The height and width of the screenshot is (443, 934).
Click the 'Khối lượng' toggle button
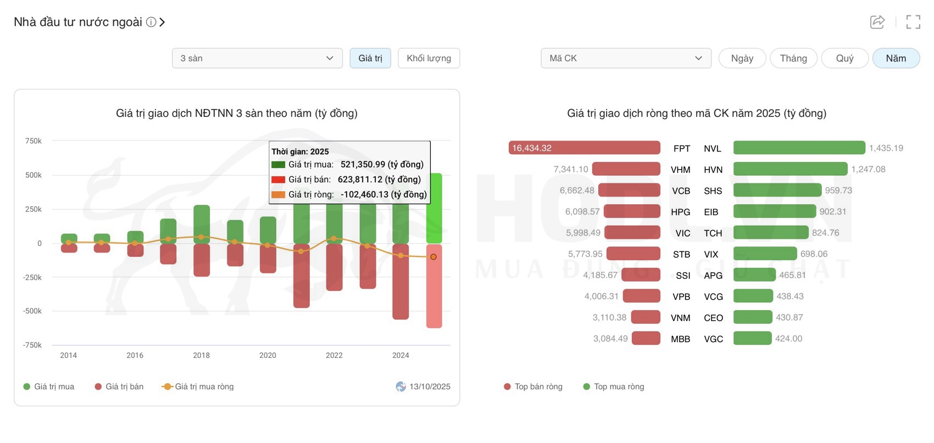pyautogui.click(x=429, y=58)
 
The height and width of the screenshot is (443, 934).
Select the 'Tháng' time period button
pyautogui.click(x=793, y=58)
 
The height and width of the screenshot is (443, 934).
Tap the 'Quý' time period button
pyautogui.click(x=844, y=58)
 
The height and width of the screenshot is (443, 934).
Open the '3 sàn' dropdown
pyautogui.click(x=257, y=58)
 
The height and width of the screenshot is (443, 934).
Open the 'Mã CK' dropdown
pyautogui.click(x=626, y=58)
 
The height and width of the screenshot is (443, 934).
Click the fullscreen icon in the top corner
pyautogui.click(x=913, y=22)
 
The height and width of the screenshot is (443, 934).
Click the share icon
pyautogui.click(x=877, y=22)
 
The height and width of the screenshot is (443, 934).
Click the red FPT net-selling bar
pyautogui.click(x=584, y=148)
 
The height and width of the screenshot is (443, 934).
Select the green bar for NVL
pyautogui.click(x=799, y=148)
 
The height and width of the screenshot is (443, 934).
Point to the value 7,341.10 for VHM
pyautogui.click(x=571, y=170)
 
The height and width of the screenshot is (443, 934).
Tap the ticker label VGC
pyautogui.click(x=713, y=339)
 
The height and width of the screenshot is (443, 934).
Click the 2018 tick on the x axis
pyautogui.click(x=201, y=355)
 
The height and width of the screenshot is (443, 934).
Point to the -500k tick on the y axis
pyautogui.click(x=32, y=311)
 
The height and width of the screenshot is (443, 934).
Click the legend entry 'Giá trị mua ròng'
pyautogui.click(x=204, y=386)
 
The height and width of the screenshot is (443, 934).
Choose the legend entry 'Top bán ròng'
pyautogui.click(x=538, y=386)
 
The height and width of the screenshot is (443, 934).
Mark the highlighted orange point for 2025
pyautogui.click(x=433, y=257)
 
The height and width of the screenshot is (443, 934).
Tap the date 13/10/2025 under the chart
pyautogui.click(x=430, y=386)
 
